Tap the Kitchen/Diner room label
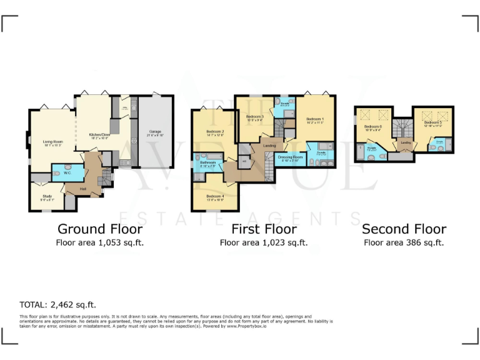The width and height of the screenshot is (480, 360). [x=99, y=134]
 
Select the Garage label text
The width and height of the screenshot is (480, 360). [x=154, y=132]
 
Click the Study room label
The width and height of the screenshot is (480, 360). [x=47, y=197]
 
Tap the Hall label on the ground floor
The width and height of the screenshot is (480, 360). [x=83, y=186]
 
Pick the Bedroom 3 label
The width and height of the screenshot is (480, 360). [x=255, y=117]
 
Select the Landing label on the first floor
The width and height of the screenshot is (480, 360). [x=269, y=146]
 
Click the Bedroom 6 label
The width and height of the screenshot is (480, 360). [x=373, y=126]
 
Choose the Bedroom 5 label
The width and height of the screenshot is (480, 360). [x=432, y=124]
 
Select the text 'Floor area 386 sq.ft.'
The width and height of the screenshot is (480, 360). [x=404, y=242]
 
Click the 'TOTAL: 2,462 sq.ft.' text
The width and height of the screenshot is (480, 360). [x=57, y=305]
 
